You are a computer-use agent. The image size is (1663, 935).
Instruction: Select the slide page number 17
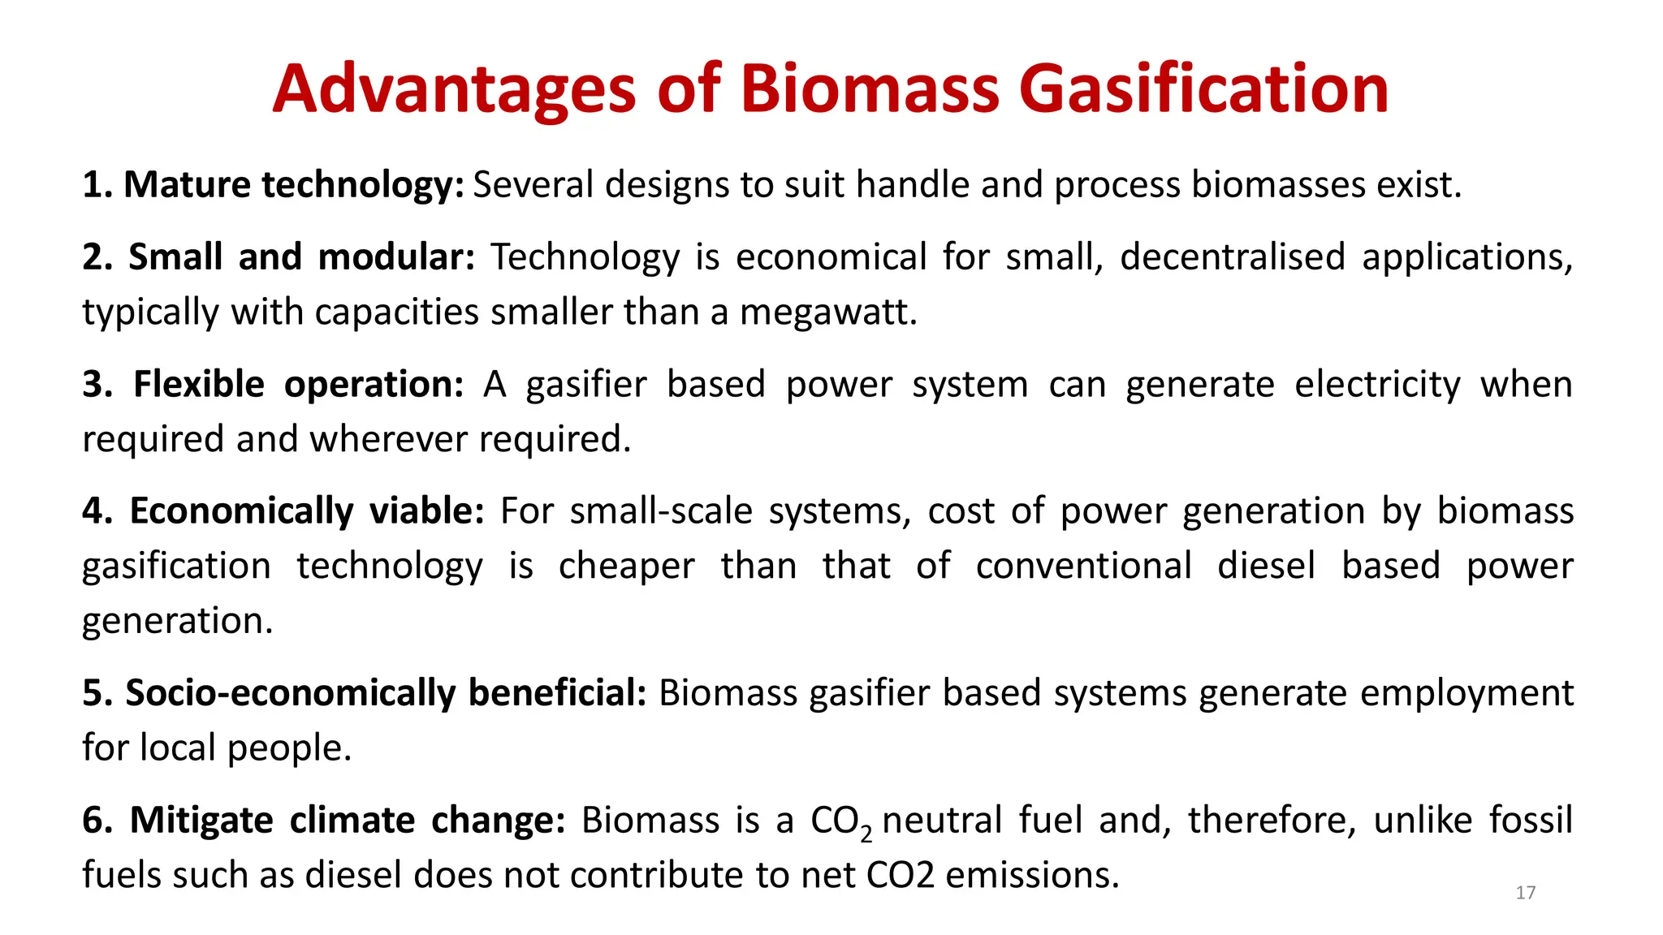(1525, 893)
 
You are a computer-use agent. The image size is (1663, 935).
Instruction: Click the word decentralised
(1232, 257)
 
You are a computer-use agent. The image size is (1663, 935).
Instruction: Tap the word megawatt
(827, 312)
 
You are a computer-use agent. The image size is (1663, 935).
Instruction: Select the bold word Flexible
(199, 384)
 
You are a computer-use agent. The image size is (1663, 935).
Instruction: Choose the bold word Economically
(241, 511)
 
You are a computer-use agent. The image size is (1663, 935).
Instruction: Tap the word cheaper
(626, 566)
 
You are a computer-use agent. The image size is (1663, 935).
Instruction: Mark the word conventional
(1083, 566)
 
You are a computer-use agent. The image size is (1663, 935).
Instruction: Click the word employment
(1466, 693)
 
